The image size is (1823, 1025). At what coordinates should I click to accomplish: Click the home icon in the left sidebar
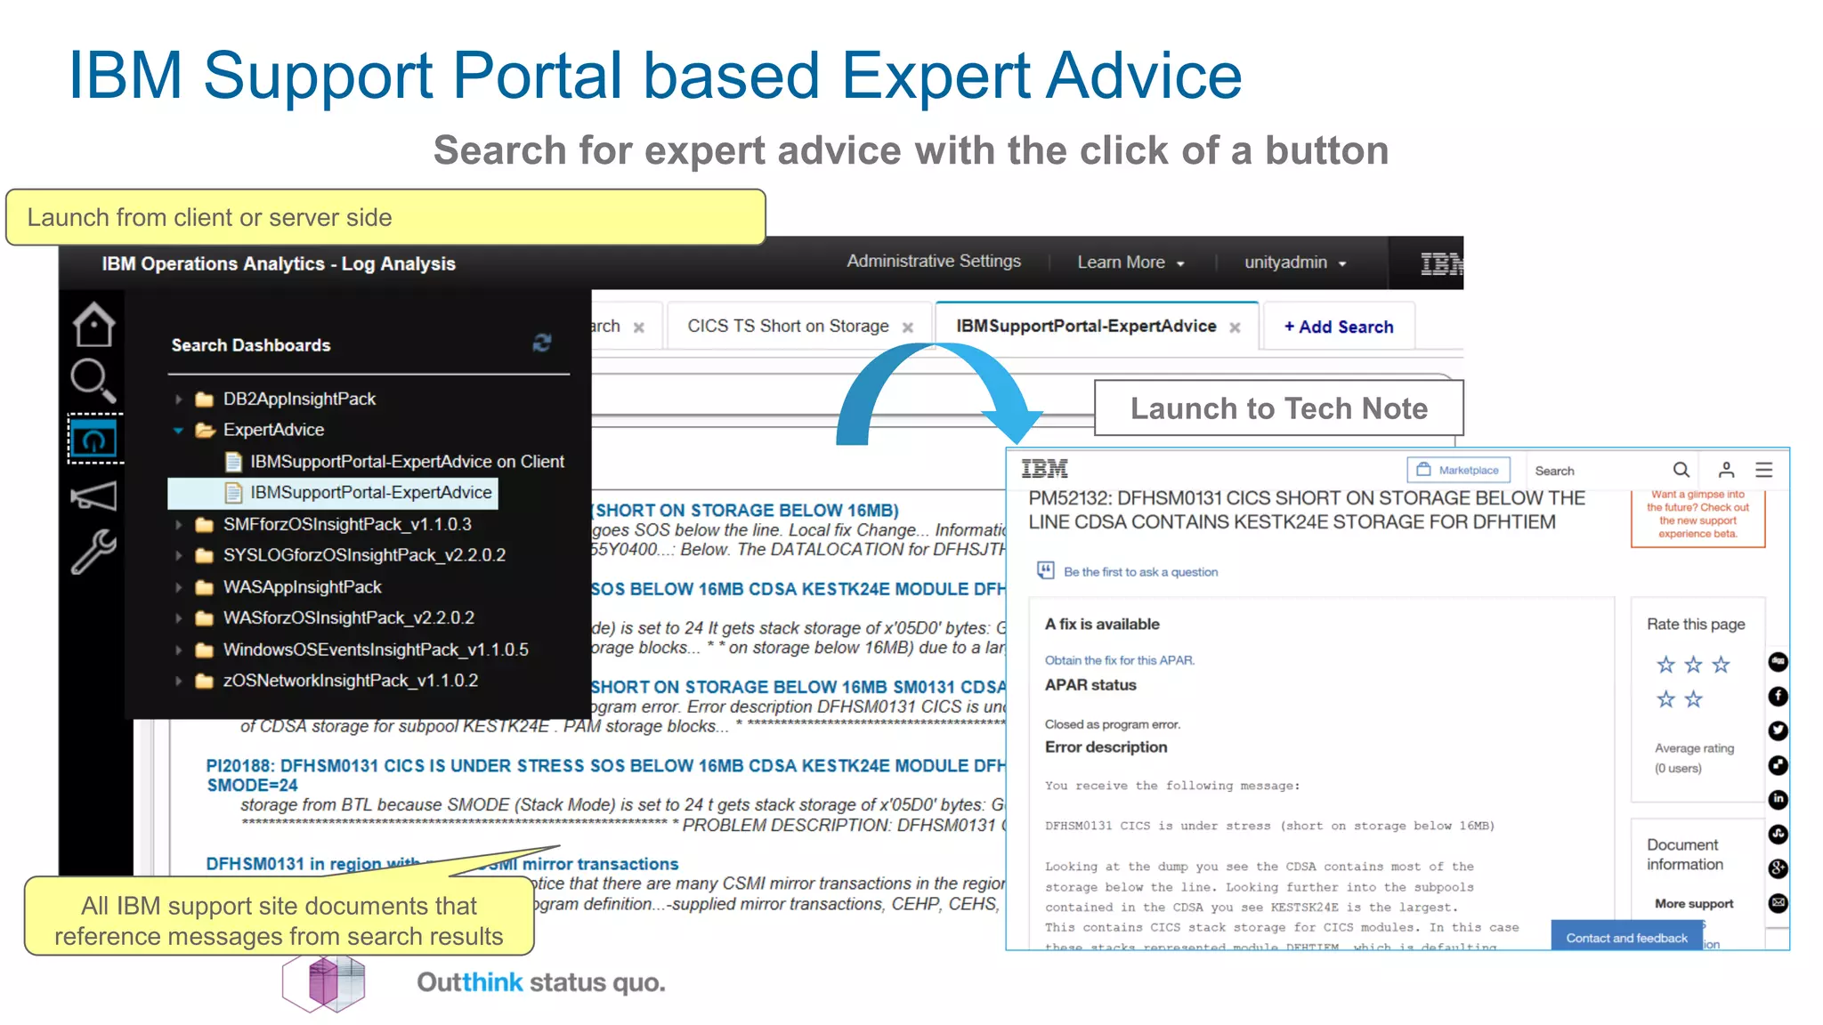pos(93,325)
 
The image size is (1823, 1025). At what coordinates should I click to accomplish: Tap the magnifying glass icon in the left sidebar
pos(93,381)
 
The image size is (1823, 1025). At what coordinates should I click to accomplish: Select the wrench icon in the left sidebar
pos(93,552)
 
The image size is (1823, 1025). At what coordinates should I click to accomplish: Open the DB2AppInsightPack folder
pos(299,399)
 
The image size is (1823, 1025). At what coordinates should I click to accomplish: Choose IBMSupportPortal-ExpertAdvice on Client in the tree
pos(406,461)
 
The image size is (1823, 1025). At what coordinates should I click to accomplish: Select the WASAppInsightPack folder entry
pos(302,587)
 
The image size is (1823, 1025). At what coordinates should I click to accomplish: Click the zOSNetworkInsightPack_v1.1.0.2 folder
pos(350,681)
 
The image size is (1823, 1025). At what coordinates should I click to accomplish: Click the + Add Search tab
pos(1338,327)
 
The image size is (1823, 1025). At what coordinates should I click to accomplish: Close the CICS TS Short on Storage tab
pos(908,327)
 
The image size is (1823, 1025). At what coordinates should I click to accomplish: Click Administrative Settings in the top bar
pos(934,262)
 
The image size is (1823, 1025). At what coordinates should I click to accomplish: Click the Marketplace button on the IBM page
pos(1458,470)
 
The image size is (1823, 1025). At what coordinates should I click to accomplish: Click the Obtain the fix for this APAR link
pos(1119,660)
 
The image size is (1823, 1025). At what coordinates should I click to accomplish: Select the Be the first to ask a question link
pos(1140,572)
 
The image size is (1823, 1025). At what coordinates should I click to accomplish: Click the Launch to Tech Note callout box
pos(1278,408)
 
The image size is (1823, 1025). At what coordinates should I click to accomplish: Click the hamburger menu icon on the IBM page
pos(1763,470)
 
